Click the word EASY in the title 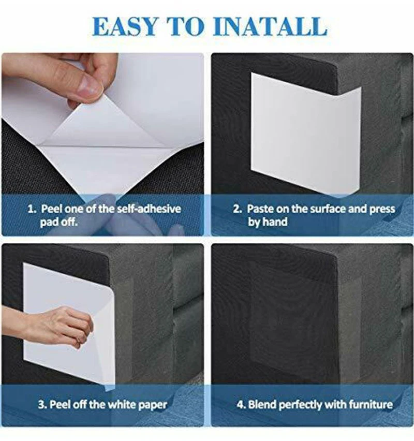coord(125,26)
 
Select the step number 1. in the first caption coord(32,209)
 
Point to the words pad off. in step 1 coord(58,222)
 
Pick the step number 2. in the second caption coord(237,209)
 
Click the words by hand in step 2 coord(268,222)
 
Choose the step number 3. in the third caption coord(42,405)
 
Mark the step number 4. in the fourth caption coord(241,405)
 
